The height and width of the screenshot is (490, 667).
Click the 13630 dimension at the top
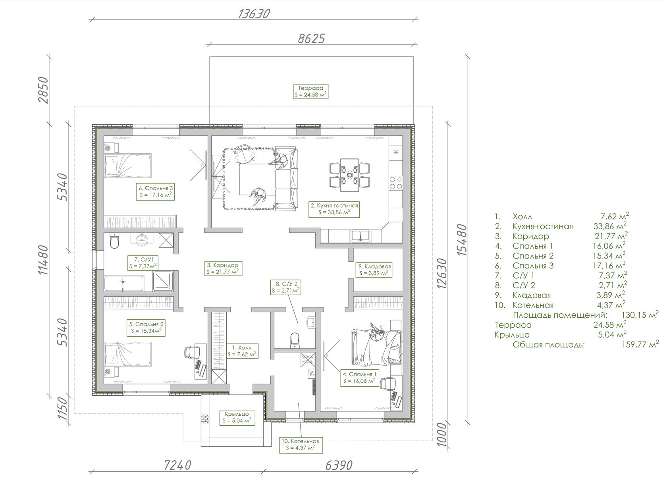(x=254, y=14)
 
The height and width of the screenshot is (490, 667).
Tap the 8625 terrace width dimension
(x=311, y=39)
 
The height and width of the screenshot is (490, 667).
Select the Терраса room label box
(x=311, y=91)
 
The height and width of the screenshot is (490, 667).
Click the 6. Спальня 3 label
(x=155, y=191)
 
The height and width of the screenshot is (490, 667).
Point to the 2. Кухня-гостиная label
(x=334, y=209)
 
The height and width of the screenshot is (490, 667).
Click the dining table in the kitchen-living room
(x=349, y=175)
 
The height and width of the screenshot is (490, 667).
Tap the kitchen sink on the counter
(x=360, y=235)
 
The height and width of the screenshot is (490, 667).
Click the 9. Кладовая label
(x=374, y=270)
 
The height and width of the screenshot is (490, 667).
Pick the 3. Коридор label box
(x=223, y=268)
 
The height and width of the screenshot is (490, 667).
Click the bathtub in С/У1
(x=124, y=283)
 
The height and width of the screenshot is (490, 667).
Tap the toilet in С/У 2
(x=295, y=340)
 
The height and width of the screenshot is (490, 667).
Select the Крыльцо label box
(x=237, y=417)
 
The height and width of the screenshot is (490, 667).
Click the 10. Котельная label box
(x=301, y=445)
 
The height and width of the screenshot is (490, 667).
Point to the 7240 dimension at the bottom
(x=177, y=465)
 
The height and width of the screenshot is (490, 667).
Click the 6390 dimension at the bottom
(x=339, y=465)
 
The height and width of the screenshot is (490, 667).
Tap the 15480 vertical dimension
(x=461, y=240)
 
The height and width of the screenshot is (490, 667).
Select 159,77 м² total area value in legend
(x=640, y=344)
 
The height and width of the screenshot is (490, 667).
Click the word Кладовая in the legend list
(x=532, y=295)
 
